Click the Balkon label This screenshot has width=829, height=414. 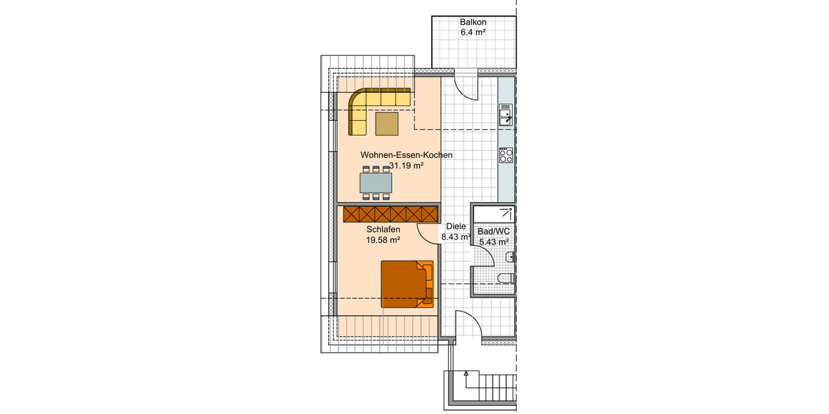473,22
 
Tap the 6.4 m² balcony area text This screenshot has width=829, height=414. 473,32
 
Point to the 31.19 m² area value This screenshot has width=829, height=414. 406,166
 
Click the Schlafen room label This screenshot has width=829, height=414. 383,230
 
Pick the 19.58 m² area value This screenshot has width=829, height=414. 383,240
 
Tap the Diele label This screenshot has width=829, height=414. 456,226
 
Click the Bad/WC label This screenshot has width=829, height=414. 493,231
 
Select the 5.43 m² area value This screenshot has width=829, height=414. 493,242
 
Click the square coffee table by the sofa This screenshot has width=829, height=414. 387,124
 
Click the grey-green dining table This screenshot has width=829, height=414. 376,182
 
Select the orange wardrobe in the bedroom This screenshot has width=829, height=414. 391,214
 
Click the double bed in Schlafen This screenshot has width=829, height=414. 407,284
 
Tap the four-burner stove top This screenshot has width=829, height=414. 506,155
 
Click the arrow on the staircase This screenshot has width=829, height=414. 467,375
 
